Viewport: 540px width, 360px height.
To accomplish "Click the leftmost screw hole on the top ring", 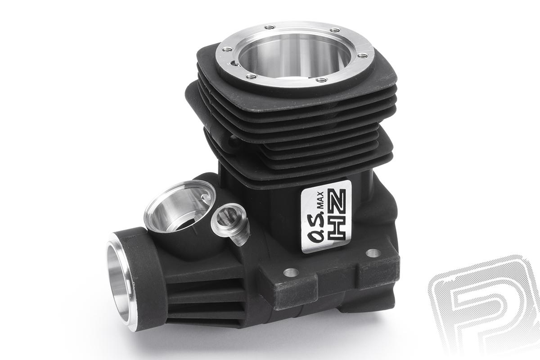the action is point(227,49).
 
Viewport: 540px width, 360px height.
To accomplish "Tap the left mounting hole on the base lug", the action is point(291,273).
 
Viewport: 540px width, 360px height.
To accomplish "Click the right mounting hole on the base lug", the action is point(373,253).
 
